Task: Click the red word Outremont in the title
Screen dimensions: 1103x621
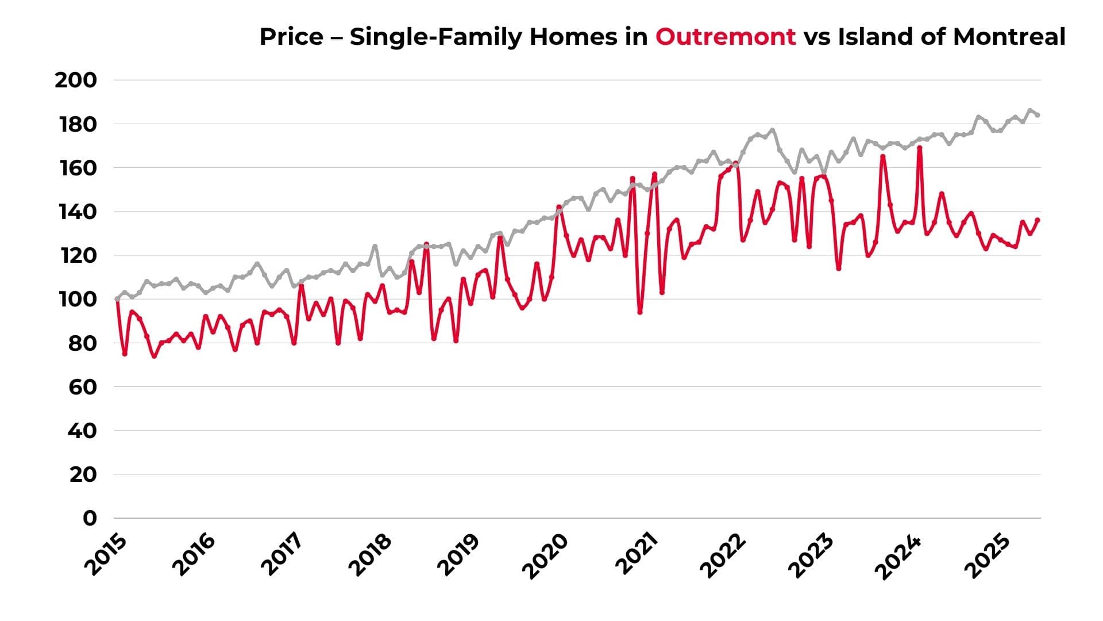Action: click(x=726, y=37)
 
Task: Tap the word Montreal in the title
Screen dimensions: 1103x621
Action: click(x=1009, y=37)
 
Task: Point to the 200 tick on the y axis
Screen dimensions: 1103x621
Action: click(x=76, y=80)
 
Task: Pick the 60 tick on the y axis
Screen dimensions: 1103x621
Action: click(x=83, y=387)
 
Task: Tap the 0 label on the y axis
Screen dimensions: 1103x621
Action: click(x=90, y=518)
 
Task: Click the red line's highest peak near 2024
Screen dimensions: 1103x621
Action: click(x=920, y=148)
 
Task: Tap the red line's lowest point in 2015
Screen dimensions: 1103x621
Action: click(x=154, y=356)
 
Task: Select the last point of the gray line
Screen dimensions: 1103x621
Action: click(x=1038, y=115)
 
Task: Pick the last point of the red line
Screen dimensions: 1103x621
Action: click(x=1038, y=220)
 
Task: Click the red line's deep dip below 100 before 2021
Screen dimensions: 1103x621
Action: click(x=640, y=312)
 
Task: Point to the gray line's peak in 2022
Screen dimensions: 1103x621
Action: click(x=773, y=130)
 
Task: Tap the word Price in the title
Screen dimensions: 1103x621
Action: click(x=291, y=37)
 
